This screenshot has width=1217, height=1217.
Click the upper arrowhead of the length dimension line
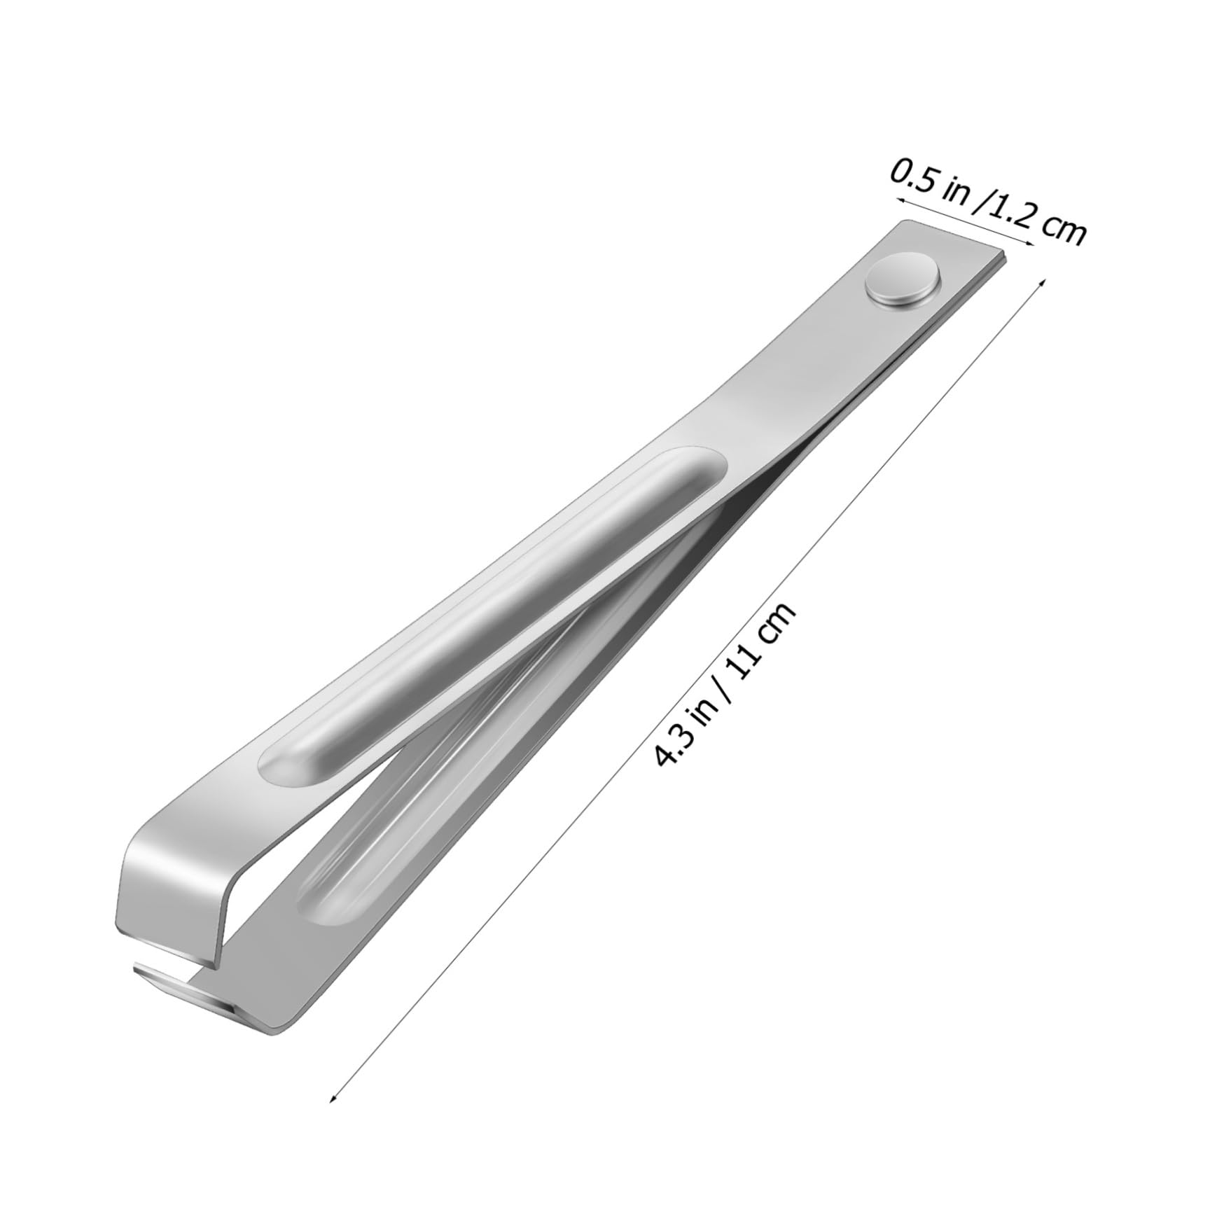tap(1042, 281)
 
